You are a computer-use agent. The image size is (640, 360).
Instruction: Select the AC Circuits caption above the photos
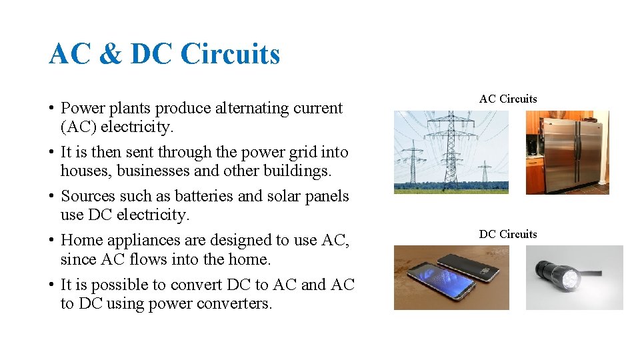[x=508, y=99]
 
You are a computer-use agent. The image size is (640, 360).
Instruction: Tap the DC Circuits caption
[x=508, y=234]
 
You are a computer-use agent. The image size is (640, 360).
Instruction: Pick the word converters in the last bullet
[x=237, y=303]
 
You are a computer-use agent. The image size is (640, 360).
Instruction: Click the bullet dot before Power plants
[x=51, y=109]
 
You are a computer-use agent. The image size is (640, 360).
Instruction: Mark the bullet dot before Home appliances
[x=51, y=241]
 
